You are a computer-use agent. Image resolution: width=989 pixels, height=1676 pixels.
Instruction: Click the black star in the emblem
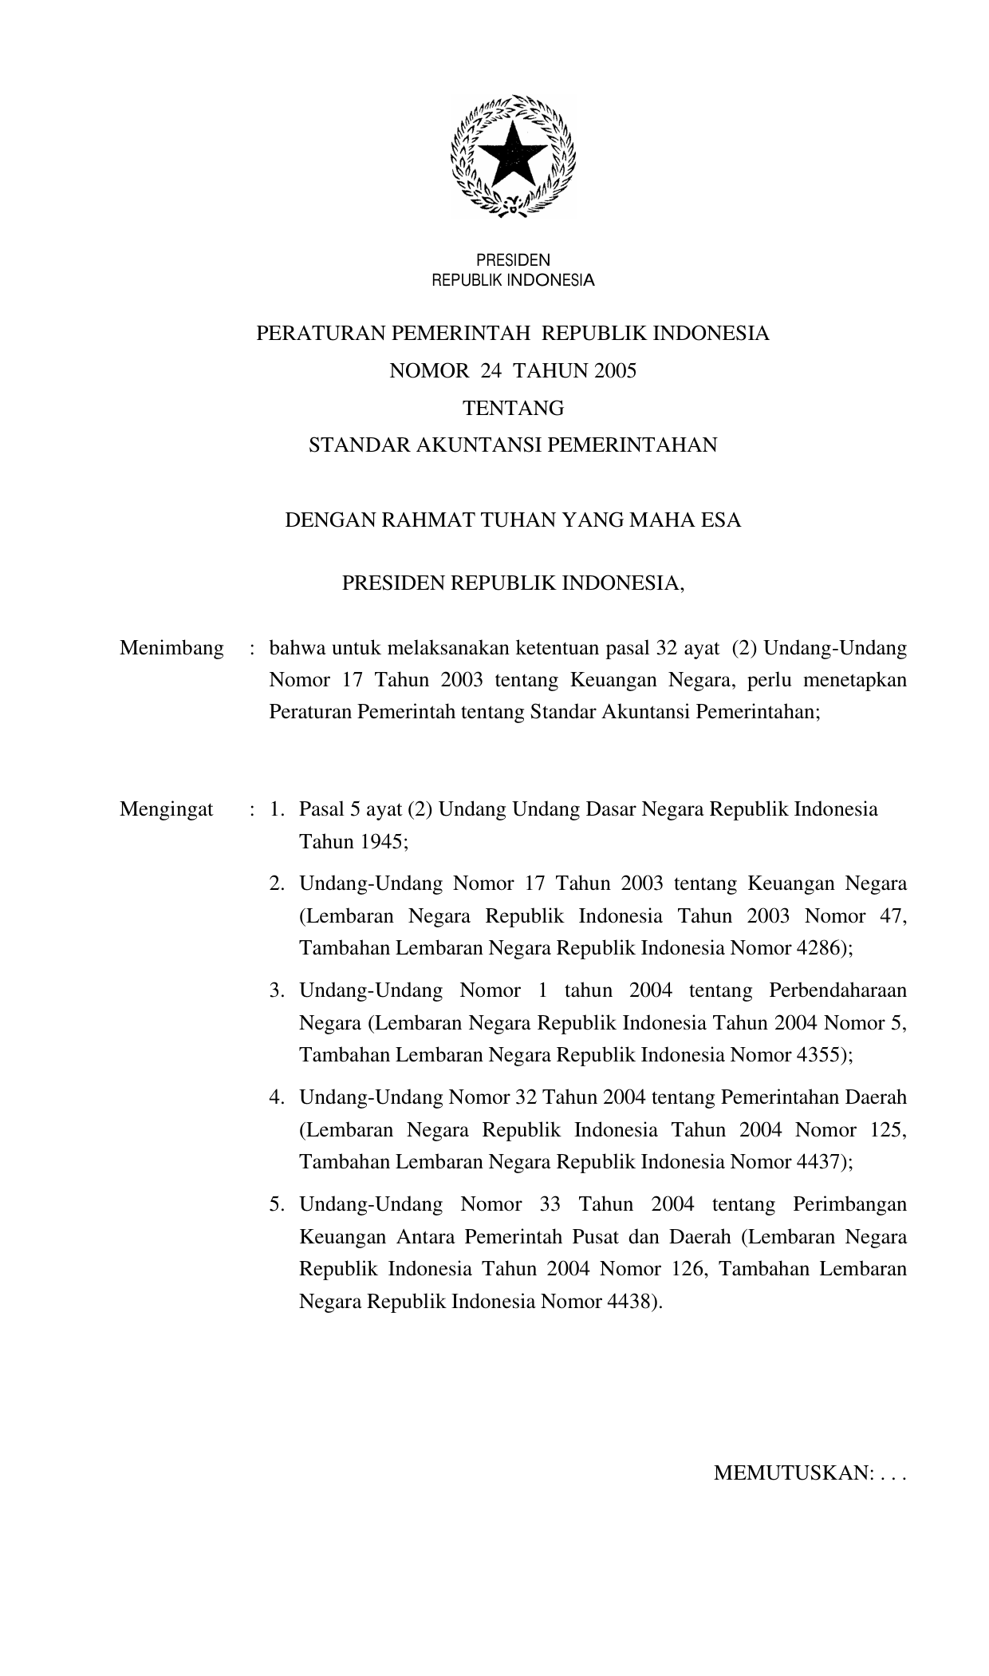[x=512, y=155]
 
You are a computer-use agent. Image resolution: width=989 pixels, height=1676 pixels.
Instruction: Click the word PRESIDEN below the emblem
[x=513, y=260]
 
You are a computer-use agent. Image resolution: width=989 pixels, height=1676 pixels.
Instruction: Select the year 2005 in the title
[x=614, y=371]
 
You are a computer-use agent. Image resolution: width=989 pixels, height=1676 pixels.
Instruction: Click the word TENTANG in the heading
[x=514, y=409]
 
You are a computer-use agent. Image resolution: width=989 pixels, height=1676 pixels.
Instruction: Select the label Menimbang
[x=171, y=648]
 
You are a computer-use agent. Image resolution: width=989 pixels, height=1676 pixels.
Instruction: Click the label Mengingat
[x=167, y=809]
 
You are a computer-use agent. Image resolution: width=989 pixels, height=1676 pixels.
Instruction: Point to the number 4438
[x=632, y=1302]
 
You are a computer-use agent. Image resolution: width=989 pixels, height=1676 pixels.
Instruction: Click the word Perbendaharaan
[x=837, y=991]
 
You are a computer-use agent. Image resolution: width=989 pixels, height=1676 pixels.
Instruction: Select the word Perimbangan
[x=850, y=1204]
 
